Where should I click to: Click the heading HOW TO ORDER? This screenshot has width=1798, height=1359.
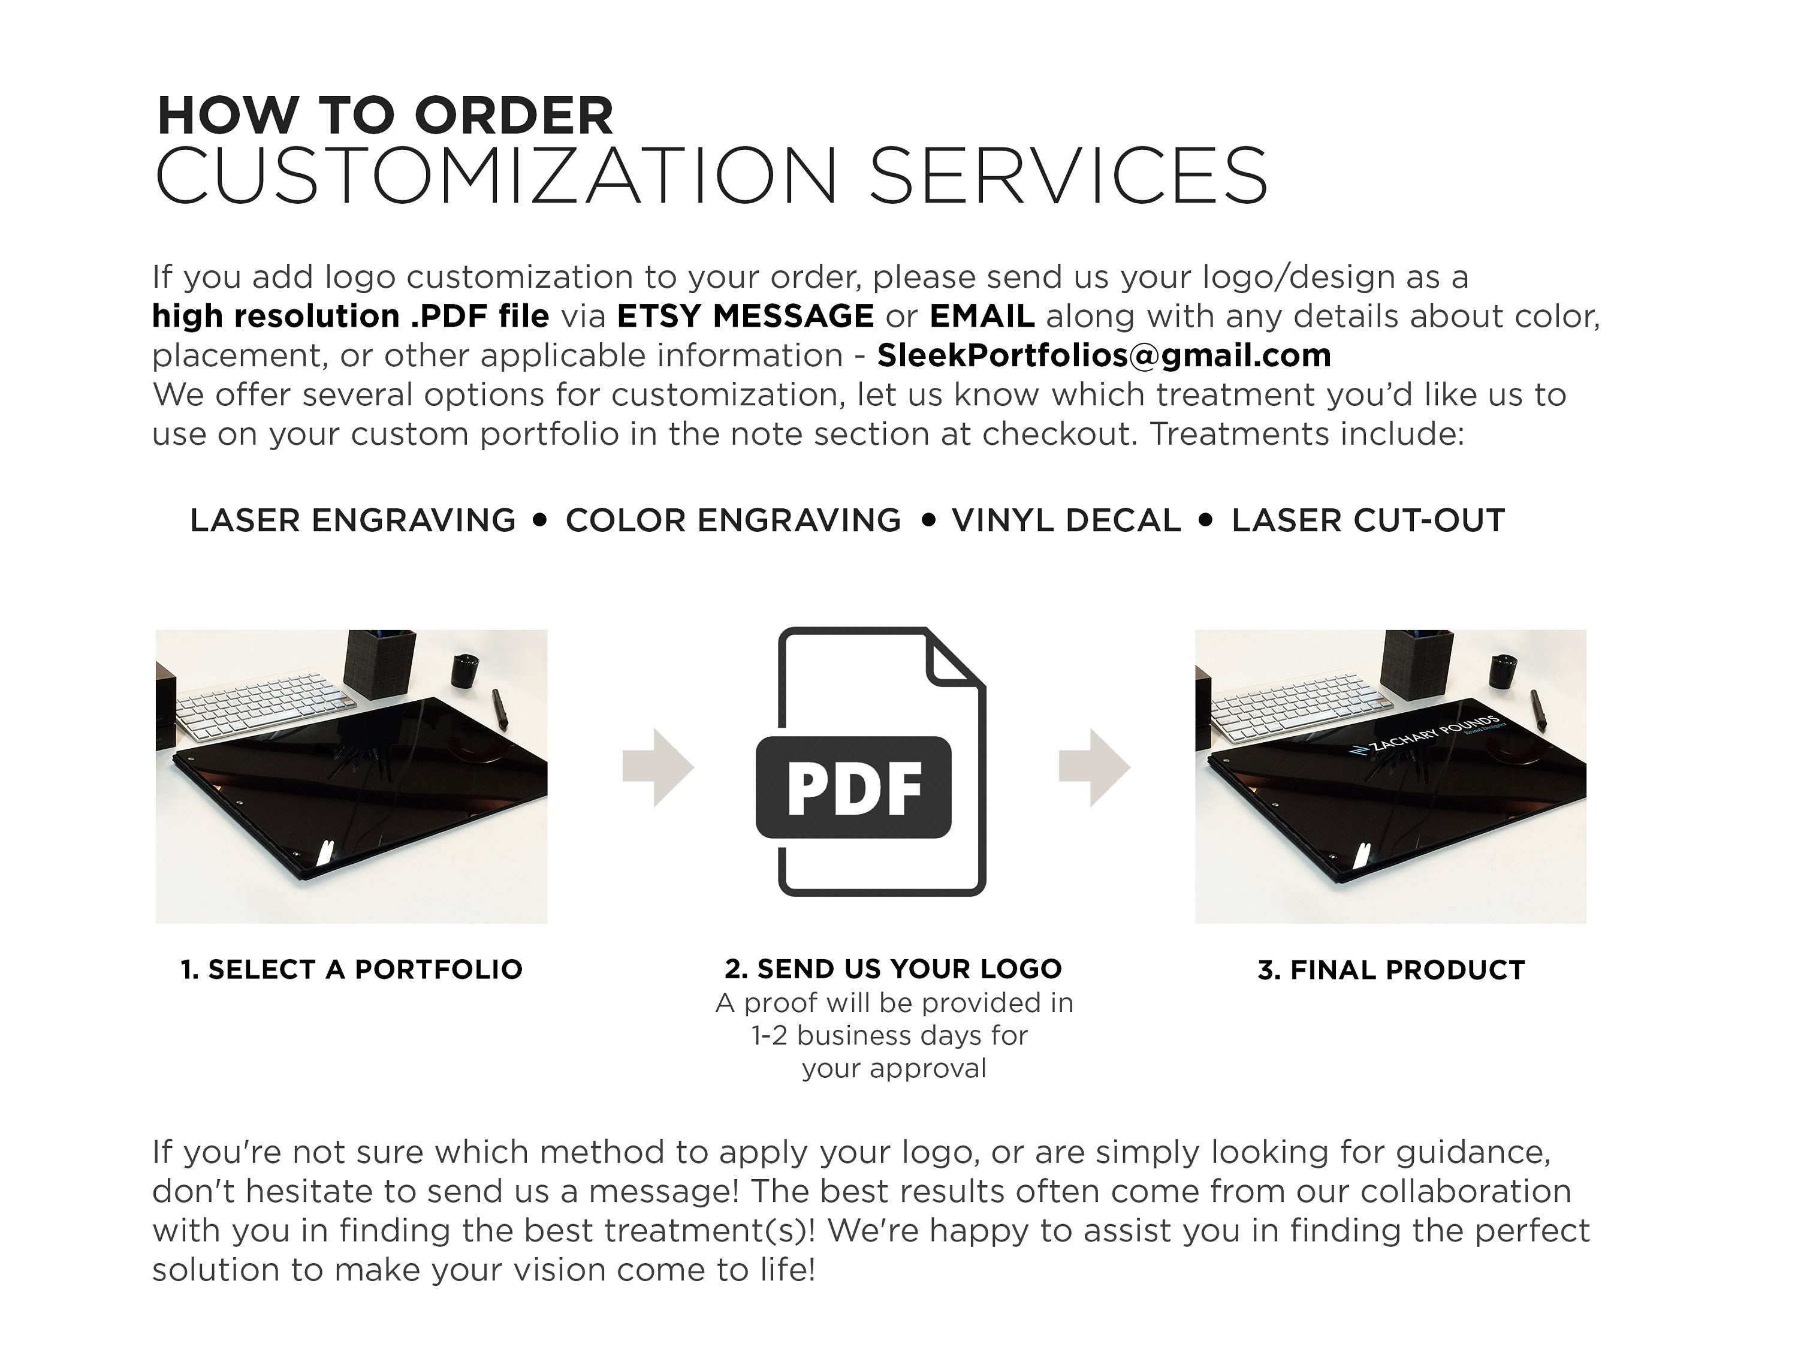tap(385, 116)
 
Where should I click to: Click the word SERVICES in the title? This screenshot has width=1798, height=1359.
tap(1068, 176)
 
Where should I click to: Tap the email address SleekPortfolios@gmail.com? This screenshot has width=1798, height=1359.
tap(1104, 355)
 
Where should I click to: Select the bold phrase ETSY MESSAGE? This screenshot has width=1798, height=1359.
tap(746, 315)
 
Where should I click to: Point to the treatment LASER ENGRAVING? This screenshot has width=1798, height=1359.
tap(353, 520)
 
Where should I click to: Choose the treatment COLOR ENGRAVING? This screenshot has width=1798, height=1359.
tap(733, 520)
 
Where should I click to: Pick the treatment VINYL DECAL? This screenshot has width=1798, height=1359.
tap(1066, 520)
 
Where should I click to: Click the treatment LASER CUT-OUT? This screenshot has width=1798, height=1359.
tap(1368, 520)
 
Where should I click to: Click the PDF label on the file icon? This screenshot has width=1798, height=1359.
tap(853, 788)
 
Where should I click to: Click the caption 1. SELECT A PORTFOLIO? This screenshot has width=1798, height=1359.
tap(351, 969)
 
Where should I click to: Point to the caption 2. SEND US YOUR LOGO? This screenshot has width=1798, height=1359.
tap(894, 968)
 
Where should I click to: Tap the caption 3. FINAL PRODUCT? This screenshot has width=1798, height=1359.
tap(1391, 970)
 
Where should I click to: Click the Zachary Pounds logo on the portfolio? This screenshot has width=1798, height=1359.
tap(1428, 736)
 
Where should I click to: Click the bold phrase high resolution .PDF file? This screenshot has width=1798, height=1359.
tap(351, 315)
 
